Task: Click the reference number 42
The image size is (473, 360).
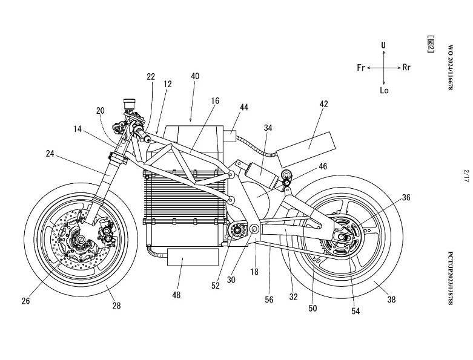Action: pyautogui.click(x=323, y=104)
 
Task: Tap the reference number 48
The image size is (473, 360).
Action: pyautogui.click(x=177, y=295)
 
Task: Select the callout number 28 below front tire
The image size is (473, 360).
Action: pyautogui.click(x=116, y=306)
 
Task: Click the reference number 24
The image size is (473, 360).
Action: pyautogui.click(x=50, y=154)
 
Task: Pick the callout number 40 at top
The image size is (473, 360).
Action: pyautogui.click(x=194, y=76)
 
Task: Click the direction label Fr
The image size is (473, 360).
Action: pyautogui.click(x=361, y=68)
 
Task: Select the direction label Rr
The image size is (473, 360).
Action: pyautogui.click(x=406, y=68)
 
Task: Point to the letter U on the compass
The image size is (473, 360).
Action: pyautogui.click(x=384, y=45)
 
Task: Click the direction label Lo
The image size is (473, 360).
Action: pyautogui.click(x=384, y=91)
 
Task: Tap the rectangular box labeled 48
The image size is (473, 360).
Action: pyautogui.click(x=192, y=258)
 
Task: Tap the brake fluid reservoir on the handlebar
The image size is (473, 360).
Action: pyautogui.click(x=128, y=103)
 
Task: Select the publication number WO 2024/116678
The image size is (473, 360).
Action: pyautogui.click(x=449, y=67)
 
